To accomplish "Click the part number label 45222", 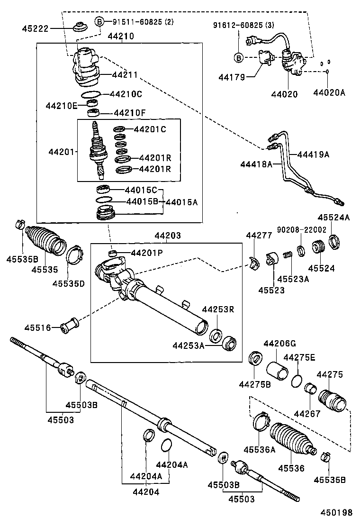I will click(x=35, y=28).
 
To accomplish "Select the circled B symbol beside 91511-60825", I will click(x=99, y=21).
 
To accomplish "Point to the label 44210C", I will click(x=126, y=94).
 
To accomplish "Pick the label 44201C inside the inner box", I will click(x=150, y=129).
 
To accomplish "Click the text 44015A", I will click(x=181, y=202).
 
